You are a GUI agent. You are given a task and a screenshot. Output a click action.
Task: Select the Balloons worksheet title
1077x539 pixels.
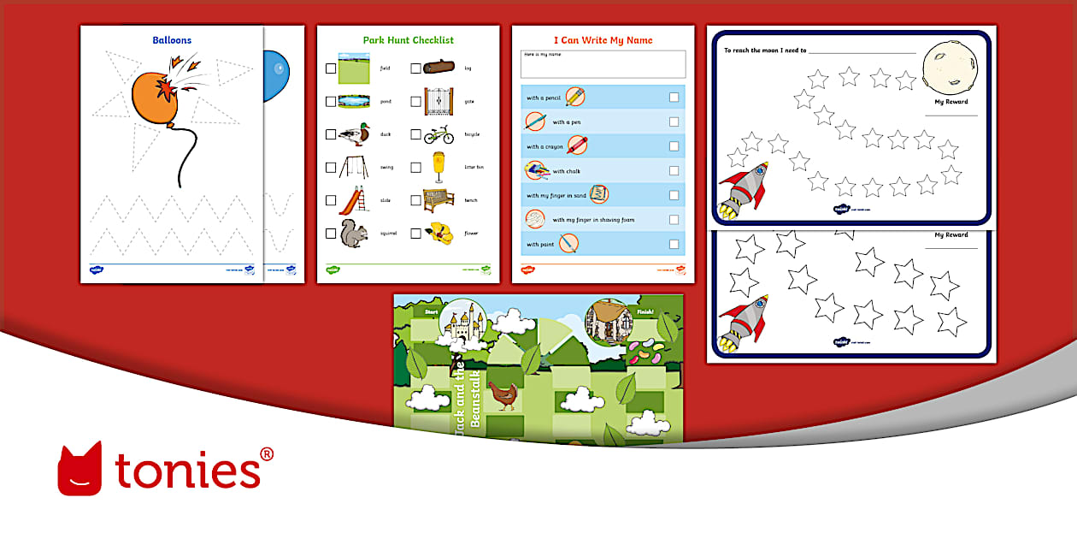click(x=172, y=40)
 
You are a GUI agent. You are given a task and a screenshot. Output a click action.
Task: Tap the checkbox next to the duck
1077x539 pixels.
click(x=331, y=134)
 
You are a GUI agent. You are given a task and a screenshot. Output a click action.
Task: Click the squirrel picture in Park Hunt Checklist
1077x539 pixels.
click(x=353, y=232)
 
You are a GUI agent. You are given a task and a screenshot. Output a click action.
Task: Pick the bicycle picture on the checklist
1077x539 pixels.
click(x=438, y=134)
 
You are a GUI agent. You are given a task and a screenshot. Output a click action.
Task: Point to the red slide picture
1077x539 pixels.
click(x=353, y=200)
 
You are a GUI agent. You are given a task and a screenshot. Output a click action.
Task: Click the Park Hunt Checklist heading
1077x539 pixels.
click(x=408, y=40)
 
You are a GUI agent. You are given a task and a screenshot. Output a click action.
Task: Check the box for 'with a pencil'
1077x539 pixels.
click(x=674, y=98)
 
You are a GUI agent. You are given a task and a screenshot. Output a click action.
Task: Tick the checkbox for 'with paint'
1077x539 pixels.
click(x=674, y=244)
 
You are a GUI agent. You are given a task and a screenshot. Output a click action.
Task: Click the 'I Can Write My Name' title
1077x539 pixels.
click(x=603, y=40)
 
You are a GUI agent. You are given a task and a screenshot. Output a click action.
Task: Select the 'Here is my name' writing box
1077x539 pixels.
click(x=603, y=65)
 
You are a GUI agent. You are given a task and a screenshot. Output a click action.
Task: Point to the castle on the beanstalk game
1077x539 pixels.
click(x=463, y=323)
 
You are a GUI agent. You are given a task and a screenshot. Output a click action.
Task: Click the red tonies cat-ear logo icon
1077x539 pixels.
click(x=79, y=468)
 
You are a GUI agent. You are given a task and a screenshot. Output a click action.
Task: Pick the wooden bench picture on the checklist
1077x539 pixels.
click(x=438, y=199)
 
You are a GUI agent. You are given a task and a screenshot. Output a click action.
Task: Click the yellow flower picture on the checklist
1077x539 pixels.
click(x=439, y=232)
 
